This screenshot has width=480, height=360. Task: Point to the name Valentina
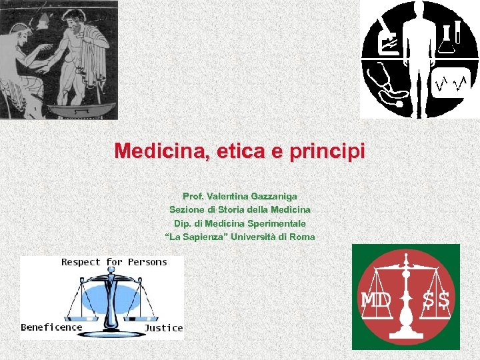pos(226,196)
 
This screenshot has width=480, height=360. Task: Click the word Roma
pos(301,237)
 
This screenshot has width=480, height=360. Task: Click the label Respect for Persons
pos(114,262)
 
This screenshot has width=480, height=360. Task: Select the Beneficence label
pos(51,327)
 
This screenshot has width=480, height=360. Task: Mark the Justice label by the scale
pos(163,327)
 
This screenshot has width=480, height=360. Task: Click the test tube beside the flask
pos(459,32)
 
